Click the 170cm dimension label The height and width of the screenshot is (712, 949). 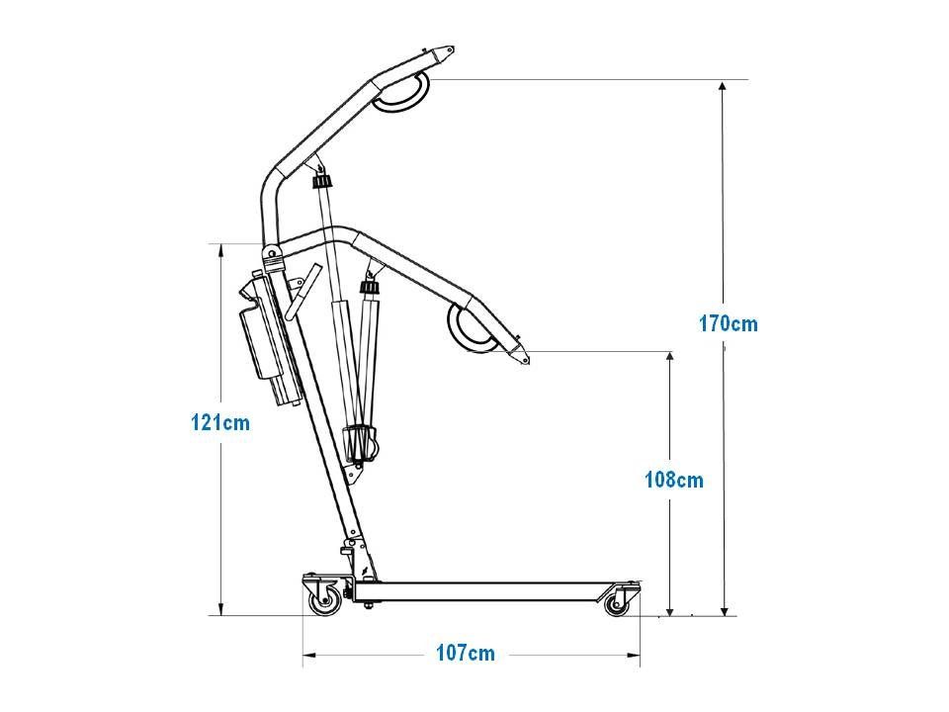point(729,324)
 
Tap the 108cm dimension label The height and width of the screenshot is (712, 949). point(674,481)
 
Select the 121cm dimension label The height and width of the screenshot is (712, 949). point(220,422)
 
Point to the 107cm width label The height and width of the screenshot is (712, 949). point(466,654)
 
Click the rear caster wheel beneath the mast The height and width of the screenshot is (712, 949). point(325,601)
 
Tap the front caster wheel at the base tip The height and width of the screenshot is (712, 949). point(616,604)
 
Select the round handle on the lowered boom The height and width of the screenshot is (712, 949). point(472,328)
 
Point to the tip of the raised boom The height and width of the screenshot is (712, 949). point(453,49)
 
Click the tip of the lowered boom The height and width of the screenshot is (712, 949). point(528,362)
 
